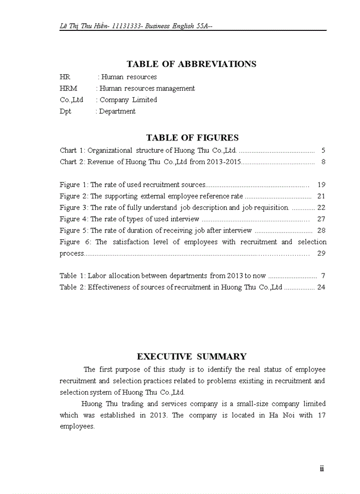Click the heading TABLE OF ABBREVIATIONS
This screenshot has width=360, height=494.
point(191,64)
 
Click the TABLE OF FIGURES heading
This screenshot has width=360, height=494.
point(192,138)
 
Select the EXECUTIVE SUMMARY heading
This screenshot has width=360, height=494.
point(192,357)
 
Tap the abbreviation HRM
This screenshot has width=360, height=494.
point(68,89)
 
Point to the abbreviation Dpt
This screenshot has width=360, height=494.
point(65,111)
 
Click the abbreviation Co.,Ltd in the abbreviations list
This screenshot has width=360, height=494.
point(71,100)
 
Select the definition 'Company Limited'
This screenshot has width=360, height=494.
point(128,100)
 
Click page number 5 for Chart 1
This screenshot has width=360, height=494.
point(323,151)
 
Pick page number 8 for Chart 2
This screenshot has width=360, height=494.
point(323,162)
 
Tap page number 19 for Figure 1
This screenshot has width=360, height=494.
point(321,185)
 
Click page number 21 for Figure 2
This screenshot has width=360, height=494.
point(321,196)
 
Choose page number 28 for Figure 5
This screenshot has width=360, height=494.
point(321,231)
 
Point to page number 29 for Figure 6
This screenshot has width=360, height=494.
point(321,254)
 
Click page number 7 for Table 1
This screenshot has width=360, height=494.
point(323,276)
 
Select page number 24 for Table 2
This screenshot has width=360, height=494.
point(321,287)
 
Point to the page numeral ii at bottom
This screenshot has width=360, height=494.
point(322,468)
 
